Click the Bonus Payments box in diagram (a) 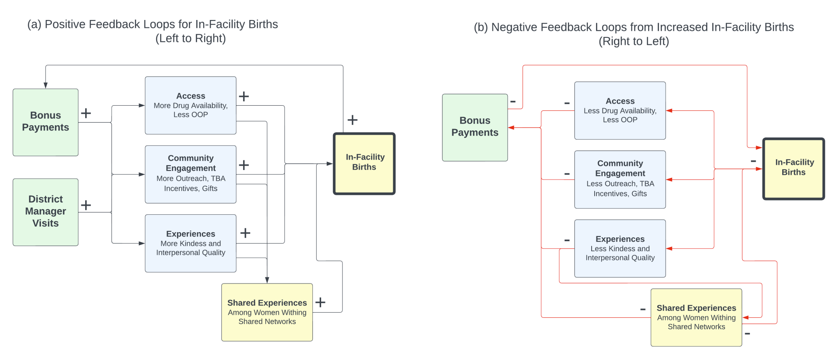coord(46,122)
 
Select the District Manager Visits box coord(46,212)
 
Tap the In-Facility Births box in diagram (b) coord(793,169)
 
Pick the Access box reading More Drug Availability coord(191,105)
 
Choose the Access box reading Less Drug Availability coord(620,110)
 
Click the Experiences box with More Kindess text coord(191,243)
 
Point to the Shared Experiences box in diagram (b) coord(696,317)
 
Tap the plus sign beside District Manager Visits coord(86,205)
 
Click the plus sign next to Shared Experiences coord(320,302)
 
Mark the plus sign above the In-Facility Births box coord(352,120)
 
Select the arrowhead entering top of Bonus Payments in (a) coord(46,86)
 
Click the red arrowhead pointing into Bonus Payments coord(512,127)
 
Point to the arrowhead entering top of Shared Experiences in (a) coord(267,280)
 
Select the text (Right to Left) coord(633,41)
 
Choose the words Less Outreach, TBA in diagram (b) coord(620,183)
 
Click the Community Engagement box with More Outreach coord(191,174)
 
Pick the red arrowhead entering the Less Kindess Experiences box coord(669,249)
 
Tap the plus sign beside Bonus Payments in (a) coord(86,113)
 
